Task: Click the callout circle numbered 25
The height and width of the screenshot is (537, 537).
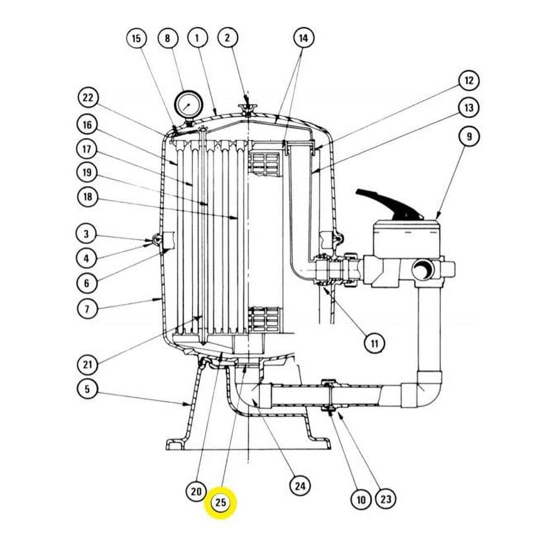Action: coord(221,502)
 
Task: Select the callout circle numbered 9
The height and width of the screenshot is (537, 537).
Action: coord(469,136)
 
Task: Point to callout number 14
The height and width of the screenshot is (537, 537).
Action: coord(303,38)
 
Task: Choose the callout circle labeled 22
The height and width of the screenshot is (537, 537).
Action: coord(88,98)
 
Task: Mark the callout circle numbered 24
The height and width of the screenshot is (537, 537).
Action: coord(300,486)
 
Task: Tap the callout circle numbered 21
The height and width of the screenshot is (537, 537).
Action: coord(88,365)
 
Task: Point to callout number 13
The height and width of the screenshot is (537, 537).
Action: coord(469,108)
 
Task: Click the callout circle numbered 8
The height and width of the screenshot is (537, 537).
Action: coord(167,38)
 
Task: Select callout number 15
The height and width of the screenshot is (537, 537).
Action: coord(136,38)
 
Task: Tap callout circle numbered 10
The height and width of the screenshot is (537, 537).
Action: coord(361,500)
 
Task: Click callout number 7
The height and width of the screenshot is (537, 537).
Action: coord(87,309)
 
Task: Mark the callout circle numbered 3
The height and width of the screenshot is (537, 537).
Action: coord(86,234)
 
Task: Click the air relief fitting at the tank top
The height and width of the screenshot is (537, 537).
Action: coord(247,109)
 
